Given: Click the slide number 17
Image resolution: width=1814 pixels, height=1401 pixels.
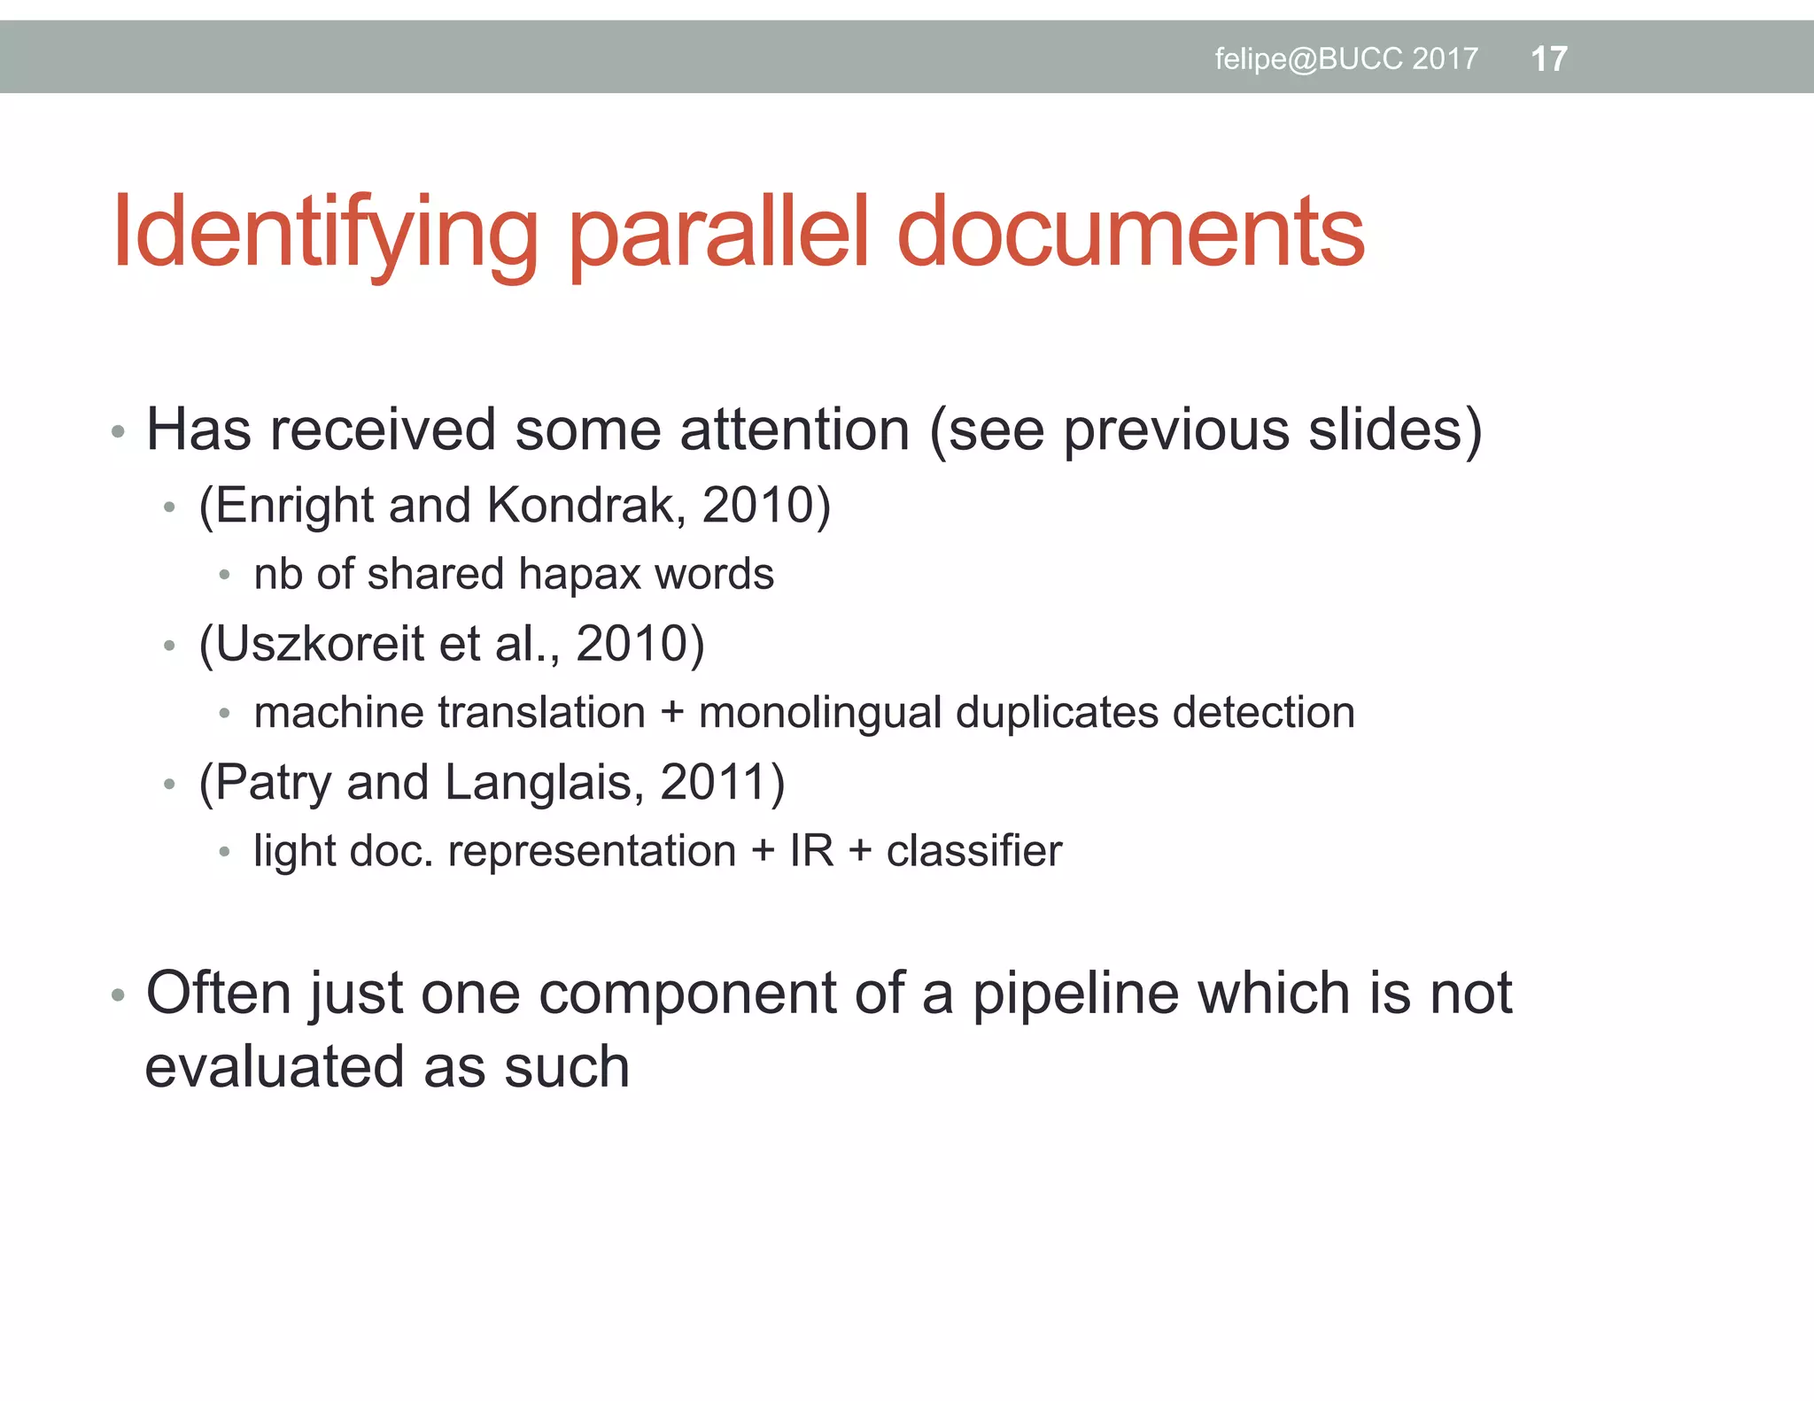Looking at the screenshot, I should point(1548,59).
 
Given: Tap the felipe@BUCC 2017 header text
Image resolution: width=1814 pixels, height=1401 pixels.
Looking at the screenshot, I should point(1345,59).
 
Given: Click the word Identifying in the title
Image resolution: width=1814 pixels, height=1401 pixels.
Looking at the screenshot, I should point(324,233).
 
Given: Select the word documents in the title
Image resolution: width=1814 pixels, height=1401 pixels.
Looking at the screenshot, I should point(1130,231).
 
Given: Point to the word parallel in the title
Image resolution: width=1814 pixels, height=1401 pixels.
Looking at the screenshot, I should point(720,233).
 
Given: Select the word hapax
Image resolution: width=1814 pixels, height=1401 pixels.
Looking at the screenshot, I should point(579,575).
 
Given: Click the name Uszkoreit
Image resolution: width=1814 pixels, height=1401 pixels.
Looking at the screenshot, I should point(319,644).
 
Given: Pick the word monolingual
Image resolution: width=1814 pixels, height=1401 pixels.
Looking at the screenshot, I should point(819,713).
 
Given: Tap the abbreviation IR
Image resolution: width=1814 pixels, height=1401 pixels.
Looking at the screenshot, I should point(811,851).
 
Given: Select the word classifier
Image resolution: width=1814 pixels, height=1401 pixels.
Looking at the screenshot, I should point(973,851).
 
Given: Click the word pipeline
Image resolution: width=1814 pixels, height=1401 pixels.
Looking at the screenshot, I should point(1076,994).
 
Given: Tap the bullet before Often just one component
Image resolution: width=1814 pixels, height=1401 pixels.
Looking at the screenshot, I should point(119,995).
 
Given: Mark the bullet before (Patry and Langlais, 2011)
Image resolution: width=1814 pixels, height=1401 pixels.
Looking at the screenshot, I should point(170,785).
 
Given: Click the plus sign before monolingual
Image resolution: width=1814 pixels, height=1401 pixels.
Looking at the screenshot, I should point(671,713).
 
